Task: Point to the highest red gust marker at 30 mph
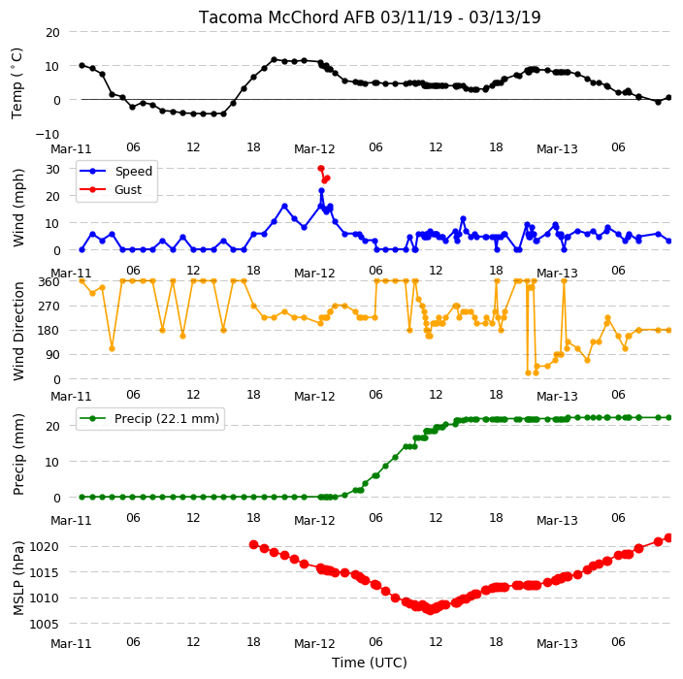(x=321, y=169)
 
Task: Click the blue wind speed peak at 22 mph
(x=321, y=191)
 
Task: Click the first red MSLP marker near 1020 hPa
(x=254, y=544)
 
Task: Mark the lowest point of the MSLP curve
(x=431, y=610)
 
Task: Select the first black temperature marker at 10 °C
(x=81, y=65)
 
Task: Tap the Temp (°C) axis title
(x=16, y=83)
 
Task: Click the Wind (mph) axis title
(x=18, y=209)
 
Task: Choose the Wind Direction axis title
(x=18, y=331)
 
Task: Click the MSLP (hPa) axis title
(x=18, y=578)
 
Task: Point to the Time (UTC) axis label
(x=370, y=663)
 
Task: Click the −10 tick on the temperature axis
(x=48, y=134)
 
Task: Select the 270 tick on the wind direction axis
(x=49, y=307)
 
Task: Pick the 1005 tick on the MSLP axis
(x=44, y=624)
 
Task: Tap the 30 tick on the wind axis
(x=52, y=169)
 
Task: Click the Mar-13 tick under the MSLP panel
(x=557, y=644)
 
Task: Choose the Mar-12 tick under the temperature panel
(x=314, y=149)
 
